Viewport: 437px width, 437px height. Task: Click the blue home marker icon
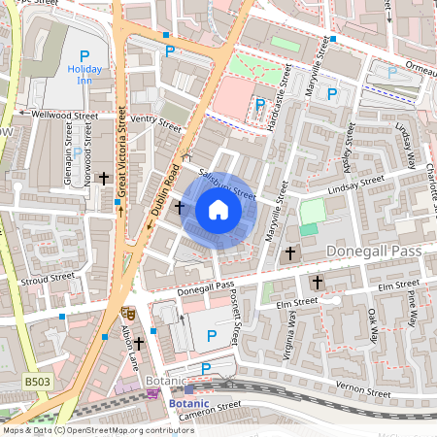click(x=218, y=210)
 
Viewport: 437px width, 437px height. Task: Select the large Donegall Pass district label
click(x=380, y=251)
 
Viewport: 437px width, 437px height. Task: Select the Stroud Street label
click(x=49, y=279)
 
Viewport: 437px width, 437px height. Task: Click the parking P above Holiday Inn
click(x=84, y=55)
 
